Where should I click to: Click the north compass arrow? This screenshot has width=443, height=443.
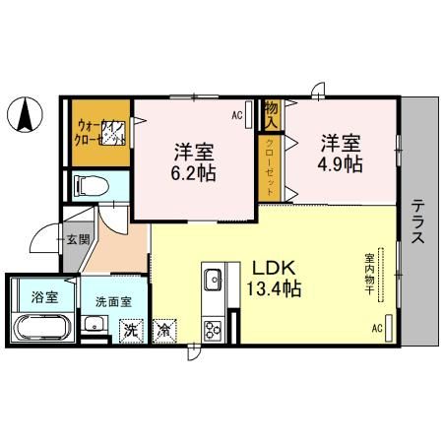24,118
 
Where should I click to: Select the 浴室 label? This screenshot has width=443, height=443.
42,296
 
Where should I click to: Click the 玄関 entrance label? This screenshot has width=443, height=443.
78,239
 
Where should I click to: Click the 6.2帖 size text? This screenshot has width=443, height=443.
194,171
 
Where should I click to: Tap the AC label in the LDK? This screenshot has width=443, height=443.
377,329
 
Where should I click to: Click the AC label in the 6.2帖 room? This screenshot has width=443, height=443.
237,115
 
